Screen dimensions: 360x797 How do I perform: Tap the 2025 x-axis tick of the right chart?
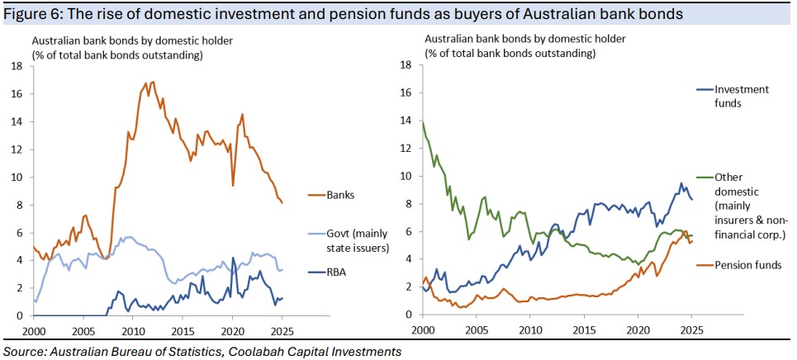coord(690,330)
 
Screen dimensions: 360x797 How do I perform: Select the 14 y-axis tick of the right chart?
coord(406,121)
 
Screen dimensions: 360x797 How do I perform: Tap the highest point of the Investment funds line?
coord(681,183)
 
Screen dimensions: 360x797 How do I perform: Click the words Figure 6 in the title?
coord(32,13)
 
